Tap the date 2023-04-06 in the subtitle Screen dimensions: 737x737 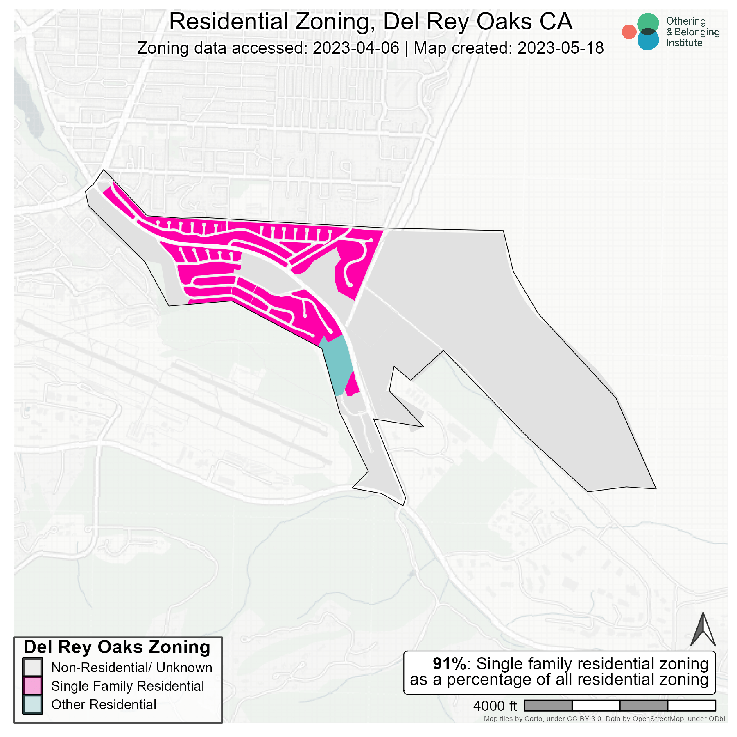pos(356,48)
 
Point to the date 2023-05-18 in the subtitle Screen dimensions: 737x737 pos(561,48)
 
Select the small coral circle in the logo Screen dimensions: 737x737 pos(629,32)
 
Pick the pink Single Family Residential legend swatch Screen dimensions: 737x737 pos(32,686)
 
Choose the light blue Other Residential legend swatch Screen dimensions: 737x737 pos(32,704)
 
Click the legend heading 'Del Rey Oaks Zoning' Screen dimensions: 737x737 pos(117,647)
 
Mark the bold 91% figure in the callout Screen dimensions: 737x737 pos(449,664)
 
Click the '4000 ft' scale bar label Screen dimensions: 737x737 pos(495,706)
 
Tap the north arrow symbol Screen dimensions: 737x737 pos(703,630)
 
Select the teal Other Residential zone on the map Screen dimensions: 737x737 pos(338,364)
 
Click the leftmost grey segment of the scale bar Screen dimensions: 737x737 pos(548,705)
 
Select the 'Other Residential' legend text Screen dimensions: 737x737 pos(104,704)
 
